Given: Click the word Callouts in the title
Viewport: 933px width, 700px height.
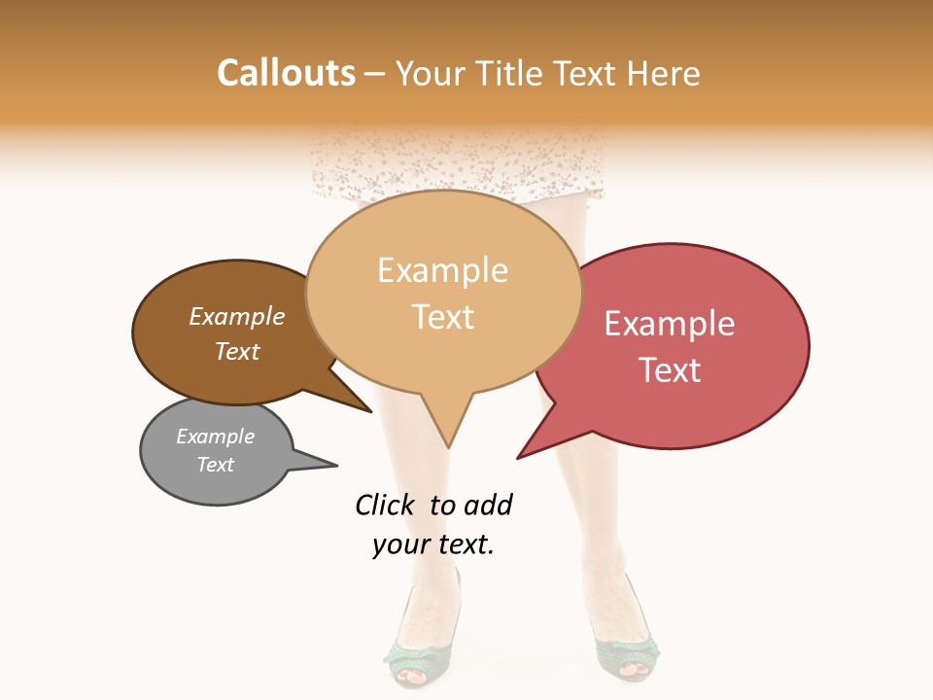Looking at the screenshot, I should [x=286, y=73].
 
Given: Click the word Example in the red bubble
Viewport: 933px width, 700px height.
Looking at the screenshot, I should [x=670, y=324].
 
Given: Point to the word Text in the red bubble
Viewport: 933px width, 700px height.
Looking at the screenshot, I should [x=670, y=370].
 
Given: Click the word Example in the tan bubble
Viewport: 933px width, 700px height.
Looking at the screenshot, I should [x=442, y=270].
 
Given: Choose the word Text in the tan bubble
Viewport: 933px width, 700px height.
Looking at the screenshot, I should [x=443, y=317].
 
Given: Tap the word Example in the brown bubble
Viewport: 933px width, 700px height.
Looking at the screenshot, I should [x=236, y=317].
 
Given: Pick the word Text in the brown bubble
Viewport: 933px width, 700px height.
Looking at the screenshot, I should [x=236, y=351].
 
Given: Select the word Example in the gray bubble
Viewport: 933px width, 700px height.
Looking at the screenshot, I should [x=215, y=437].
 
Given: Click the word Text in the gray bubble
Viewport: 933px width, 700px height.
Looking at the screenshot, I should [x=215, y=465].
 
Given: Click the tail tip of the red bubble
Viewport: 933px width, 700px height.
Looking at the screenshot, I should [x=518, y=457].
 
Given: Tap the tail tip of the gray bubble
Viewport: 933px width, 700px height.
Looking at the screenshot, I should [x=336, y=466].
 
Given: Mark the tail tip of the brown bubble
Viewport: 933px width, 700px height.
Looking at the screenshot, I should [x=371, y=411].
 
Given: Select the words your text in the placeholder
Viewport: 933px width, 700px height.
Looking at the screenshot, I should [x=433, y=545].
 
